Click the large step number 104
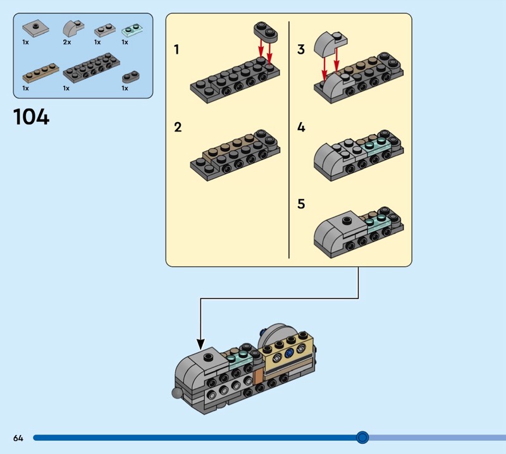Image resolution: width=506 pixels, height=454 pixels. [x=31, y=116]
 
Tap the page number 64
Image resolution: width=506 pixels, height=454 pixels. [x=18, y=438]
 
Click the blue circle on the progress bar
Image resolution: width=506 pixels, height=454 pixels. [x=362, y=438]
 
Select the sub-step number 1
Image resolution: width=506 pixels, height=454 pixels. [x=176, y=50]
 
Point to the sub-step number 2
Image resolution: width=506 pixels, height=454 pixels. [x=178, y=127]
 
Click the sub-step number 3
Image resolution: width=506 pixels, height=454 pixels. [x=301, y=49]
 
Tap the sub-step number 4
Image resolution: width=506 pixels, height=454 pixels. [x=301, y=127]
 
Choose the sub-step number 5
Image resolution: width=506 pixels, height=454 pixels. [x=301, y=204]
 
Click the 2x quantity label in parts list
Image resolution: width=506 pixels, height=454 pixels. [x=67, y=42]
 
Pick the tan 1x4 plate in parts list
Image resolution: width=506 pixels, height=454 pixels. [x=40, y=73]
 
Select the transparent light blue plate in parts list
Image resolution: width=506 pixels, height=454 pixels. [x=133, y=30]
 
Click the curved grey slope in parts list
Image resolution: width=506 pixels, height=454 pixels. [x=73, y=29]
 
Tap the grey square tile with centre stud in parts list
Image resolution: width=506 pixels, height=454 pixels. [x=36, y=28]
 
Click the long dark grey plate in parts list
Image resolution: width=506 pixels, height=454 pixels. [x=91, y=68]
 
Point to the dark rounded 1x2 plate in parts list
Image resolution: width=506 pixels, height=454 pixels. [x=131, y=77]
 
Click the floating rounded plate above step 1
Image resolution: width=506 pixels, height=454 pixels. [x=266, y=32]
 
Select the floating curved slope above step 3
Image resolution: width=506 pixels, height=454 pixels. [x=330, y=43]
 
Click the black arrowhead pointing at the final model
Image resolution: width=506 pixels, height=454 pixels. [x=201, y=344]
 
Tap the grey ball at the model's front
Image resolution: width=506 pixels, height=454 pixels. [x=177, y=393]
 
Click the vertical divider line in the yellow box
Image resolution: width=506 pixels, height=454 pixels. [x=289, y=140]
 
